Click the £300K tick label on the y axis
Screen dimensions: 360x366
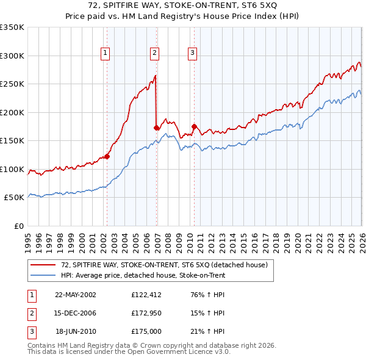pyautogui.click(x=12, y=56)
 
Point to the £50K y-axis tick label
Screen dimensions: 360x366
pyautogui.click(x=14, y=198)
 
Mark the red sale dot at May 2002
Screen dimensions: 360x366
pyautogui.click(x=107, y=156)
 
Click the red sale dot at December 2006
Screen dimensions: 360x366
pyautogui.click(x=157, y=128)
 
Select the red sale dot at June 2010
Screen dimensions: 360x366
pyautogui.click(x=195, y=126)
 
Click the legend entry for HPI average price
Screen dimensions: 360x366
pyautogui.click(x=143, y=276)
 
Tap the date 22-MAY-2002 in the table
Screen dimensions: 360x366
pyautogui.click(x=76, y=295)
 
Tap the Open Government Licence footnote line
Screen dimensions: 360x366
pyautogui.click(x=129, y=352)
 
